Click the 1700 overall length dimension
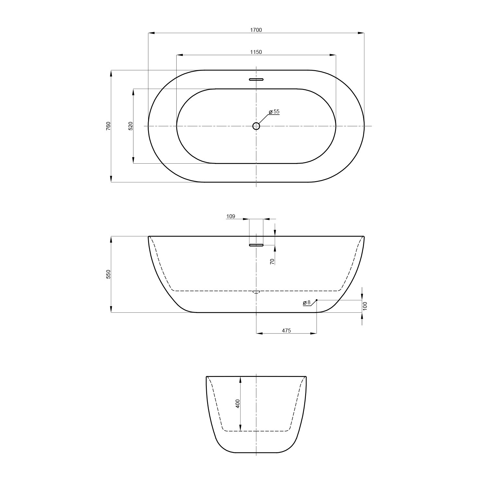coord(256,30)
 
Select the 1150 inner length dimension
coord(256,52)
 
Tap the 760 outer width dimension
coord(108,126)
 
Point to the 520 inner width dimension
coord(131,126)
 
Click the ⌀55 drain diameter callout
coord(274,112)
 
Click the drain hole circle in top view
coord(256,126)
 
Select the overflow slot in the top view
coord(256,79)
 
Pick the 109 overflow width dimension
coord(231,217)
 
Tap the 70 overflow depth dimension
coord(272,261)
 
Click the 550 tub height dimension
coord(108,274)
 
